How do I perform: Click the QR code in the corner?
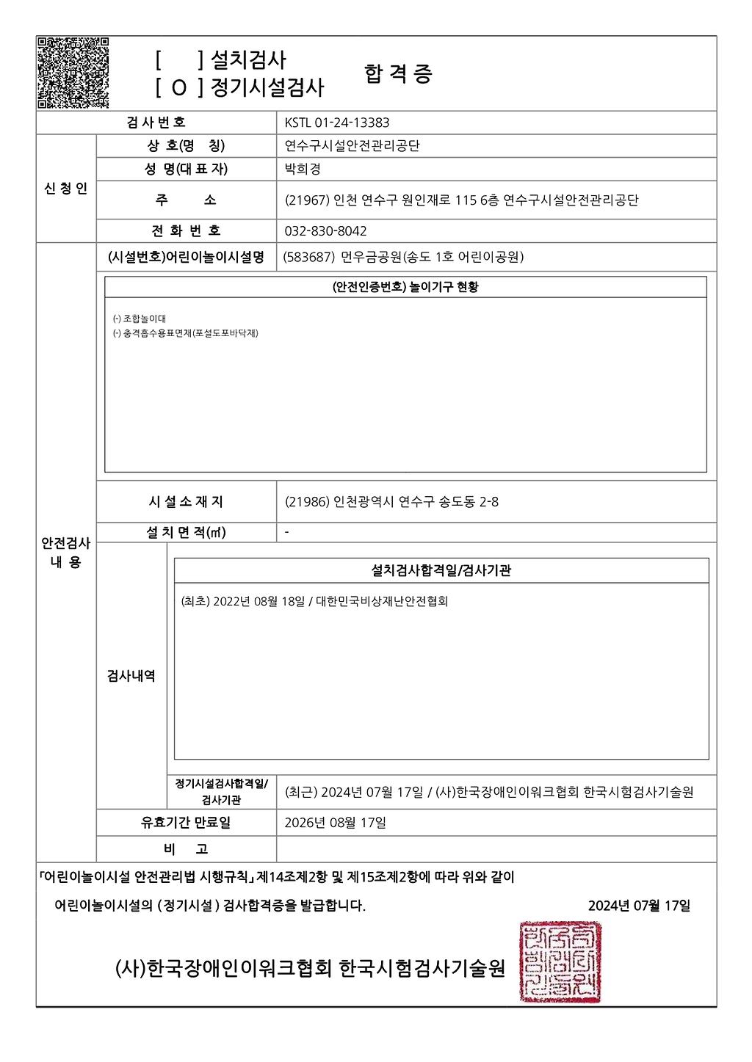[x=73, y=73]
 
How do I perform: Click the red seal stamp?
[x=561, y=962]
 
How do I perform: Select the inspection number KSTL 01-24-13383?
[x=337, y=123]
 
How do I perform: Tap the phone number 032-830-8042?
[x=325, y=231]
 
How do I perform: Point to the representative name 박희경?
[x=303, y=169]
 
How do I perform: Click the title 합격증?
[x=398, y=73]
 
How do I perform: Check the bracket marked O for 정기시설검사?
[x=179, y=88]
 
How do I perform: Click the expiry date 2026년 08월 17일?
[x=335, y=823]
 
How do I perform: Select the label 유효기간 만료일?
[x=186, y=823]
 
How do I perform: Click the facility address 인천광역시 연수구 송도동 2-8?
[x=391, y=502]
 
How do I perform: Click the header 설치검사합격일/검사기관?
[x=441, y=570]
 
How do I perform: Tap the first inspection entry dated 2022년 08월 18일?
[x=314, y=601]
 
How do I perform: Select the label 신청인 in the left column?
[x=65, y=189]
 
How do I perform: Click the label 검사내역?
[x=131, y=676]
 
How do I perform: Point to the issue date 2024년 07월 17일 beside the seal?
[x=639, y=906]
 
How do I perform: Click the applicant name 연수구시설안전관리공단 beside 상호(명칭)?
[x=352, y=146]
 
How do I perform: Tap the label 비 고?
[x=186, y=849]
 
